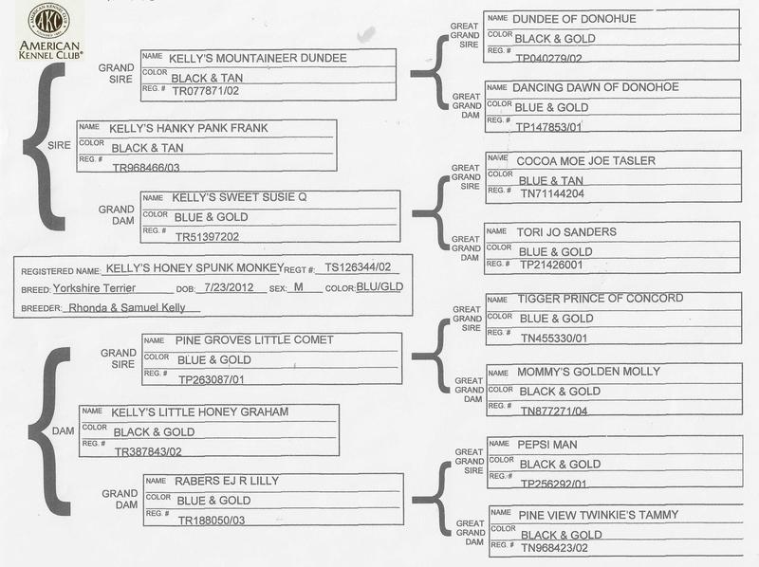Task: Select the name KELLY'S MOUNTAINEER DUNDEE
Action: [257, 58]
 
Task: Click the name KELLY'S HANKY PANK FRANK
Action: [189, 127]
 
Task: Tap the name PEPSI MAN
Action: [549, 445]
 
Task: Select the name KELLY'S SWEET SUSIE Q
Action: [235, 197]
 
